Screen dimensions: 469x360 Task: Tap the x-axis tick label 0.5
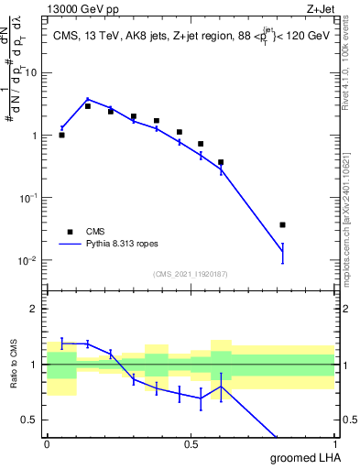tap(191, 444)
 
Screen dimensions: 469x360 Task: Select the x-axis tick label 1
tap(334, 444)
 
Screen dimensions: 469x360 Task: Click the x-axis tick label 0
tap(47, 444)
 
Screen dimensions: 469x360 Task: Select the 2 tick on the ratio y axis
tap(38, 309)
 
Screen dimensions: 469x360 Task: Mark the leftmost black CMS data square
tap(61, 135)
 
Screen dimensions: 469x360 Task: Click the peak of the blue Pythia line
tap(88, 99)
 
